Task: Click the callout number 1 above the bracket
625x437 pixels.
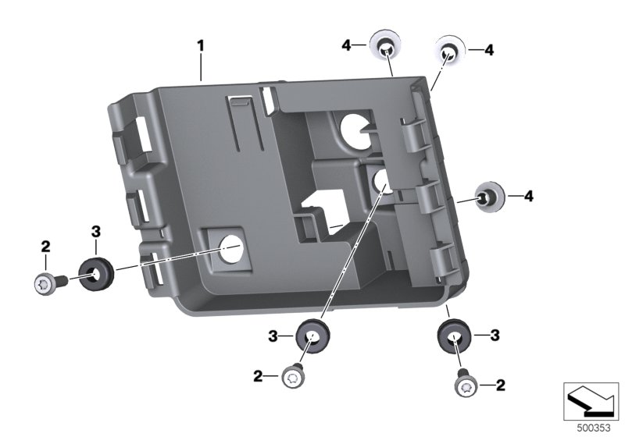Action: point(201,46)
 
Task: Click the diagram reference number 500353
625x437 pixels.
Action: point(594,428)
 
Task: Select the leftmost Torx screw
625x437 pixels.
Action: point(49,283)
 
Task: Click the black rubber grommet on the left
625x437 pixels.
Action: point(96,274)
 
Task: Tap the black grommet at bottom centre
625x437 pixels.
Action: point(312,337)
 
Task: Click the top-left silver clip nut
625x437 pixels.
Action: point(385,44)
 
